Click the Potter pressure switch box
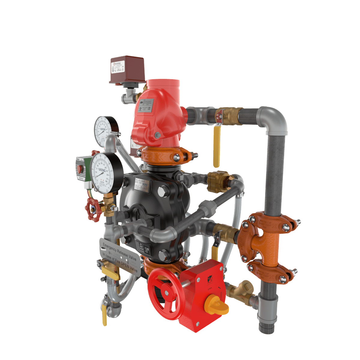pos(127,70)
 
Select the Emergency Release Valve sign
pos(120,255)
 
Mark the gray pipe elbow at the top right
pos(273,118)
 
